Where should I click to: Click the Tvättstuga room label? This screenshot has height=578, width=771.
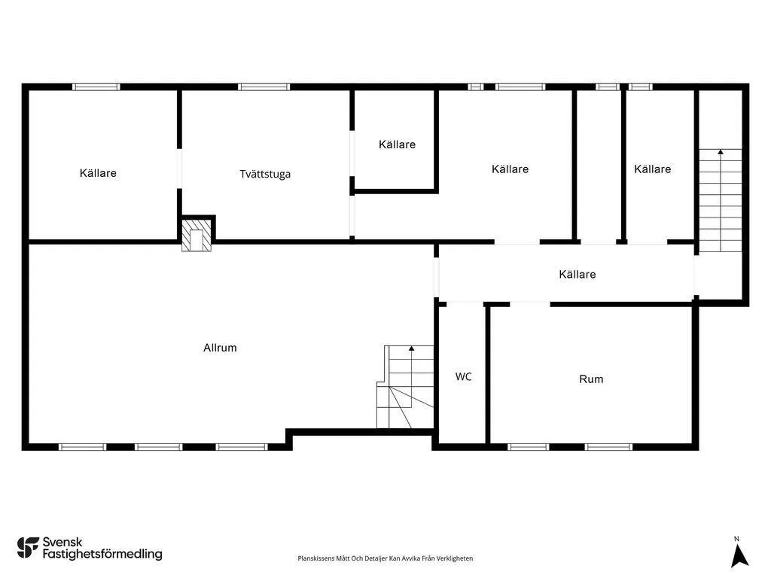pyautogui.click(x=265, y=174)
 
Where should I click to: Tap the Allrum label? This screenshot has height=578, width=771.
pyautogui.click(x=220, y=348)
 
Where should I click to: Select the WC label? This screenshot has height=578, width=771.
pyautogui.click(x=463, y=376)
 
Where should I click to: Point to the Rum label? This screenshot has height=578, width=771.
pyautogui.click(x=591, y=379)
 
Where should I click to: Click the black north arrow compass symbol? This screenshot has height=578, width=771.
pyautogui.click(x=739, y=555)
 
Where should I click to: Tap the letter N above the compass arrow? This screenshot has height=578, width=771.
pyautogui.click(x=736, y=538)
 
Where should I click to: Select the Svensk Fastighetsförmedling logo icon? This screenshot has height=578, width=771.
pyautogui.click(x=28, y=547)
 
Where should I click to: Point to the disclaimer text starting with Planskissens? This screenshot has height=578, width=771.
pyautogui.click(x=385, y=558)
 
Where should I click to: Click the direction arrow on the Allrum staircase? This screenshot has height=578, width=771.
pyautogui.click(x=411, y=348)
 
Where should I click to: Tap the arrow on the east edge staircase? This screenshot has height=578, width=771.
pyautogui.click(x=721, y=153)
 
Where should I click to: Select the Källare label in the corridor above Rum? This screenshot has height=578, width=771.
pyautogui.click(x=577, y=274)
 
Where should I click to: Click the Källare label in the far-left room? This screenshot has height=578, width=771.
pyautogui.click(x=98, y=173)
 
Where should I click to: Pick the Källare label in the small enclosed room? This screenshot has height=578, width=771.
pyautogui.click(x=397, y=144)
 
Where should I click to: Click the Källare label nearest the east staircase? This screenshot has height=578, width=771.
pyautogui.click(x=652, y=169)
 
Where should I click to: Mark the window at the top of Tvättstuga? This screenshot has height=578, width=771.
pyautogui.click(x=264, y=87)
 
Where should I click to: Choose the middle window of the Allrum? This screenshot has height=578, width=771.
pyautogui.click(x=159, y=446)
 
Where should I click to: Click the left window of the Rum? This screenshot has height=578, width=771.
pyautogui.click(x=529, y=446)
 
